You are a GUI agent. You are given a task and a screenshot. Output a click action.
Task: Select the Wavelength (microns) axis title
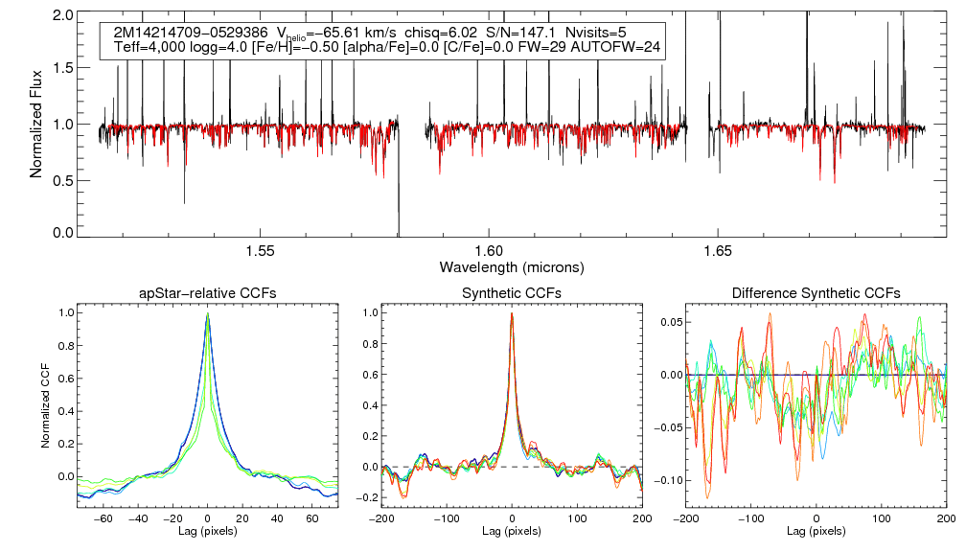pos(511,265)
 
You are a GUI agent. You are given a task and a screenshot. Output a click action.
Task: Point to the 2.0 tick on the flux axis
pos(63,16)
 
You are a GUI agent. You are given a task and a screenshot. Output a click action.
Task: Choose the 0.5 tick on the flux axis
pos(63,179)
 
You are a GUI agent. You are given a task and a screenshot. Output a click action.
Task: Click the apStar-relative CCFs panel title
pos(208,292)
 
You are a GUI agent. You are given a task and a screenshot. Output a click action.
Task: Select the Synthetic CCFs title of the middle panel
pos(512,292)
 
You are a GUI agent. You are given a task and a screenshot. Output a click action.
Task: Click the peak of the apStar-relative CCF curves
pos(208,313)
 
